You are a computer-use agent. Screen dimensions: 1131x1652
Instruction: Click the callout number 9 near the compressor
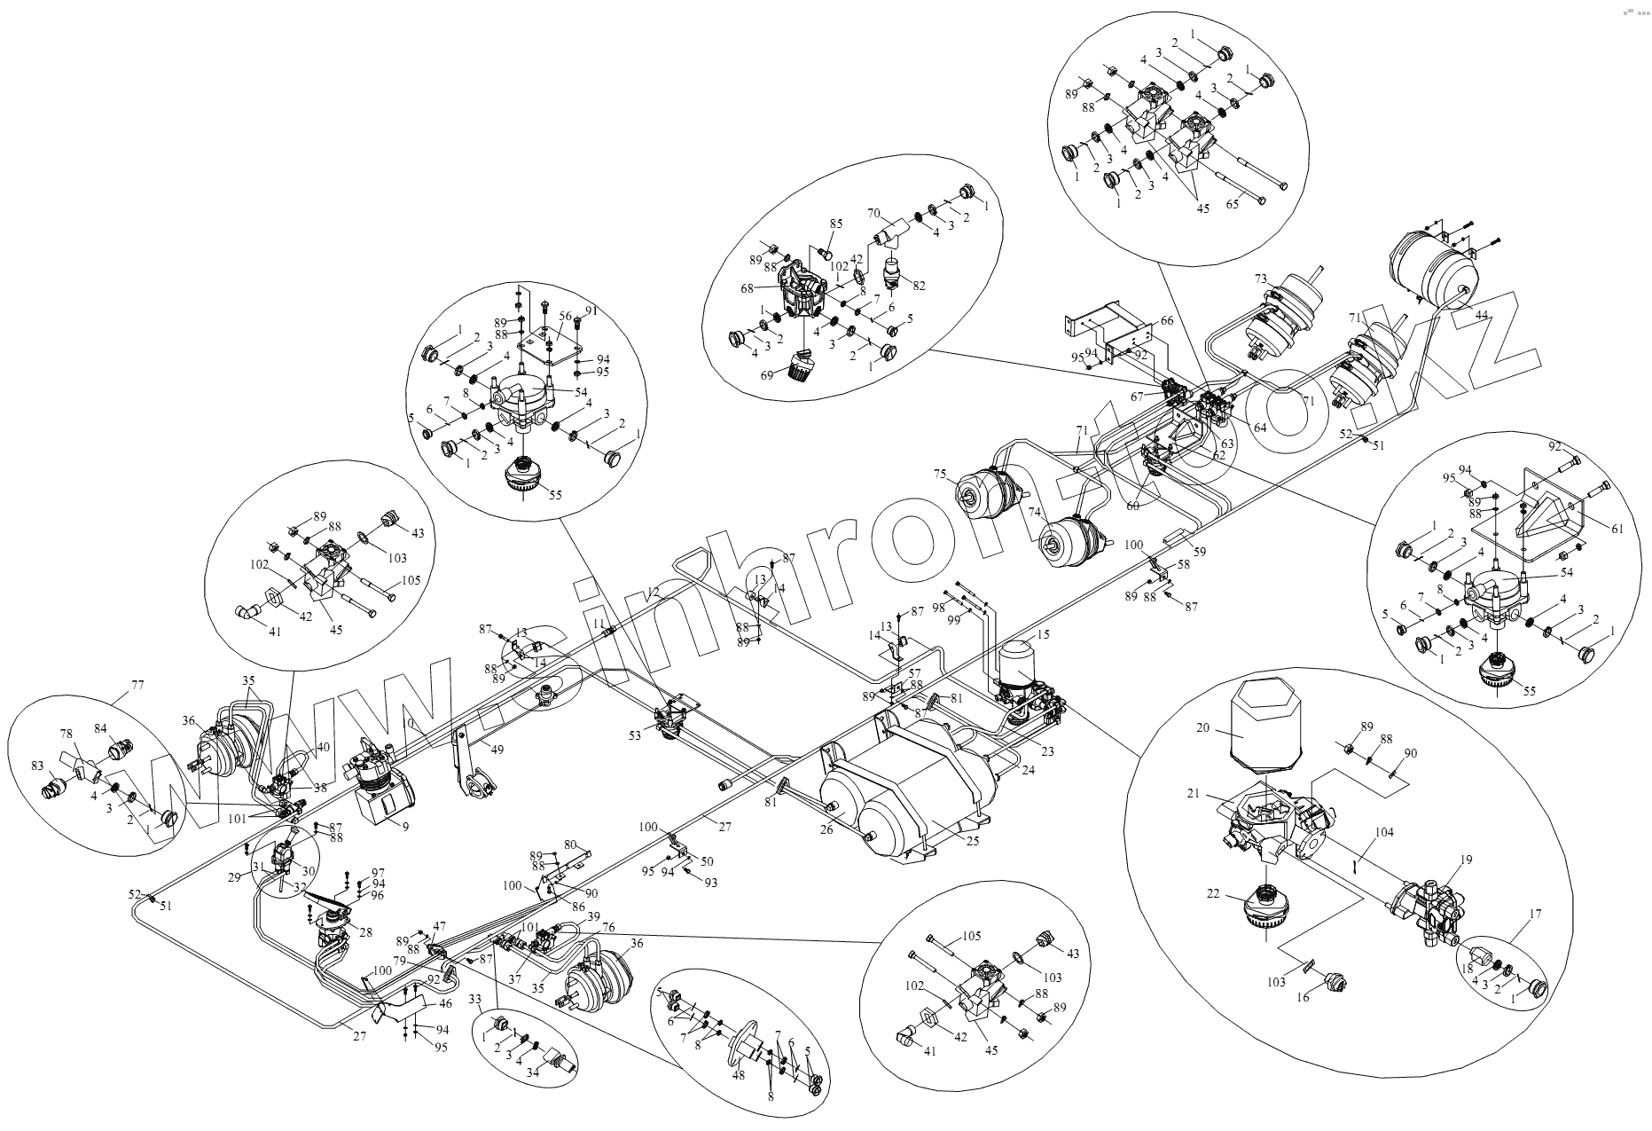[x=404, y=827]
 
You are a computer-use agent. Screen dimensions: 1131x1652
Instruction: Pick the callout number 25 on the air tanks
[x=973, y=841]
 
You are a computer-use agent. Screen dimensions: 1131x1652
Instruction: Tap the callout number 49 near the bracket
[x=498, y=750]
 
